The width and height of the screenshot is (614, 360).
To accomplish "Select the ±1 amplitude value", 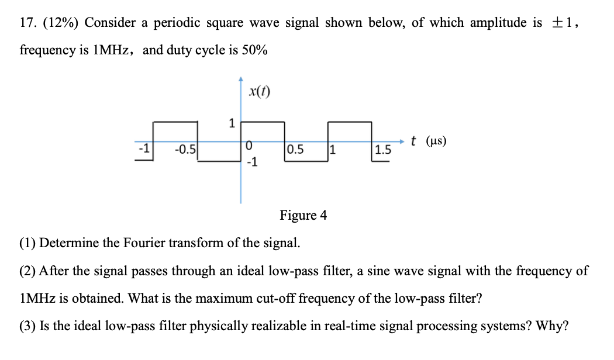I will coord(564,23).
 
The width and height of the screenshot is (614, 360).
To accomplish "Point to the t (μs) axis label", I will coord(428,141).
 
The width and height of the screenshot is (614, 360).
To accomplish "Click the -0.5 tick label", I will coord(185,149).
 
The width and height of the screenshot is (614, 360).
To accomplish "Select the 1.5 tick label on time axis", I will coord(383,150).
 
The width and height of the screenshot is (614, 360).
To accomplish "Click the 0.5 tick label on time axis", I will coord(295,149).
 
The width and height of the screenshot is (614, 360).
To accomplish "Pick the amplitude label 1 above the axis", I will coord(232,123).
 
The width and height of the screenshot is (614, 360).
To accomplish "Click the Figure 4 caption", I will coord(303,216).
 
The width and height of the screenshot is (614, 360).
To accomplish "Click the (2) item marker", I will coord(27,271).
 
